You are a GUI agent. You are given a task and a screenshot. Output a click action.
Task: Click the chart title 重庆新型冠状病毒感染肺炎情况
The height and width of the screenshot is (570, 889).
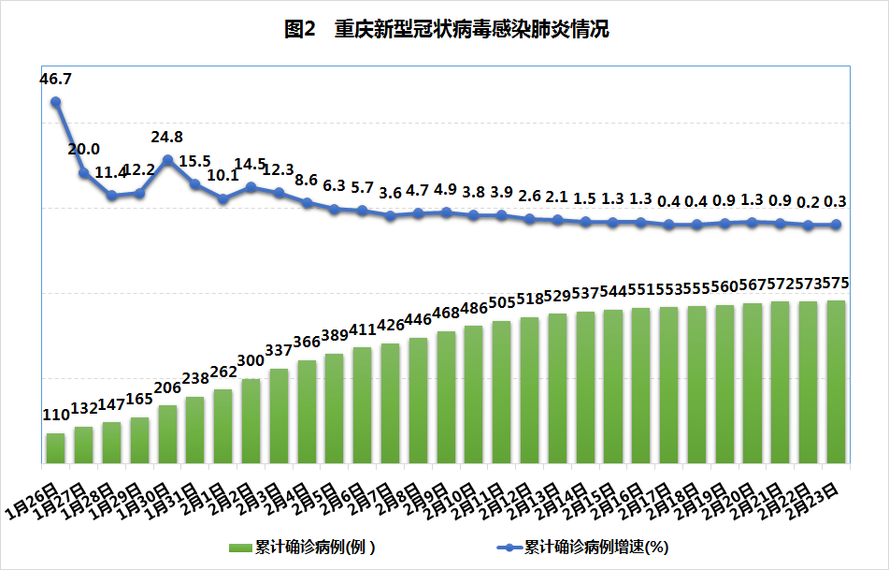(446, 30)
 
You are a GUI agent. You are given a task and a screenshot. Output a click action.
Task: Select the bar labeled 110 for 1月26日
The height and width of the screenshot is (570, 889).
(56, 448)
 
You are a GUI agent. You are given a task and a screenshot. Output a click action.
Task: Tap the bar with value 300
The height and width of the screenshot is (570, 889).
(251, 421)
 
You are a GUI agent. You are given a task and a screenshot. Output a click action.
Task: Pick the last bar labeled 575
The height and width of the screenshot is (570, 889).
(836, 382)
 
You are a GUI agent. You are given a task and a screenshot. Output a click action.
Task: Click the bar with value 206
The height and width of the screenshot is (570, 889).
(167, 434)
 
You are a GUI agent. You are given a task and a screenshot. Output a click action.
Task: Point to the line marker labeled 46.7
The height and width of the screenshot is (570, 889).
(56, 102)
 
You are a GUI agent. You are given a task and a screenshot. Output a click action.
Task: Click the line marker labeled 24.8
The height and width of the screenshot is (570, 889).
(167, 159)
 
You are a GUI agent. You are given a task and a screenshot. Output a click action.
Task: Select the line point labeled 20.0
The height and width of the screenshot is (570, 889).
(84, 173)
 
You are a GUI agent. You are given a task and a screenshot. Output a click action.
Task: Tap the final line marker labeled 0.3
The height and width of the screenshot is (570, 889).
(836, 225)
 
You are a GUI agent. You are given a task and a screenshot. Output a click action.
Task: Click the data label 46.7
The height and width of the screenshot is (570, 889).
(56, 80)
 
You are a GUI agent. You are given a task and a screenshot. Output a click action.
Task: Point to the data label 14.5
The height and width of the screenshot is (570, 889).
(251, 164)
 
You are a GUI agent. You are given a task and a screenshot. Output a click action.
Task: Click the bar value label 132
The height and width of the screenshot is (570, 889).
(84, 409)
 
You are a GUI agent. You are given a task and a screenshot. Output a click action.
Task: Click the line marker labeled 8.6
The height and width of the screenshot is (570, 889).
(307, 202)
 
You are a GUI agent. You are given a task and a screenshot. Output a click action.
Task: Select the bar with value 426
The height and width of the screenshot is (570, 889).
(390, 403)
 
